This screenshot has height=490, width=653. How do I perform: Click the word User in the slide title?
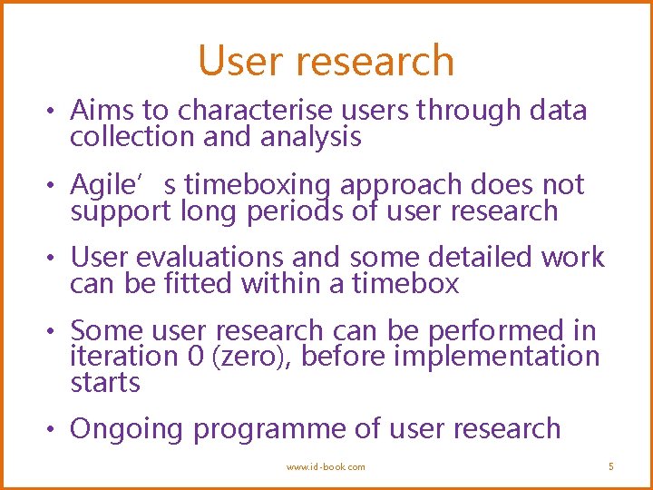(238, 61)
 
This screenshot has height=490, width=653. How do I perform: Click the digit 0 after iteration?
(195, 357)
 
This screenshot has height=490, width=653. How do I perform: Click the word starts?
(105, 383)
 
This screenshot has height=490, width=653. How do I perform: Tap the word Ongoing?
(127, 429)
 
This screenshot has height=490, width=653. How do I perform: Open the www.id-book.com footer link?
(326, 466)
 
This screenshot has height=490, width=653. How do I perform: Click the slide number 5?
(610, 466)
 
